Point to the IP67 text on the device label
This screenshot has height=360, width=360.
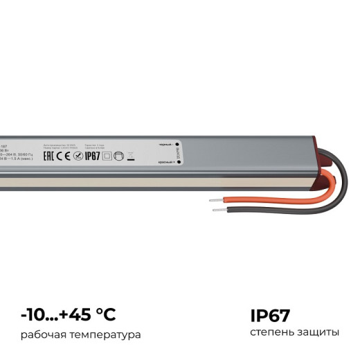pyautogui.click(x=93, y=156)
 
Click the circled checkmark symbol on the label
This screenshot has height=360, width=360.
pyautogui.click(x=78, y=156)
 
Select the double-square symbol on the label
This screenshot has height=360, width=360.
pyautogui.click(x=107, y=156)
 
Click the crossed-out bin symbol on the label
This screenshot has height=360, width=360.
pyautogui.click(x=130, y=156)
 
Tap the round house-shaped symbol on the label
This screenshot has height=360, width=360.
pyautogui.click(x=118, y=156)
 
